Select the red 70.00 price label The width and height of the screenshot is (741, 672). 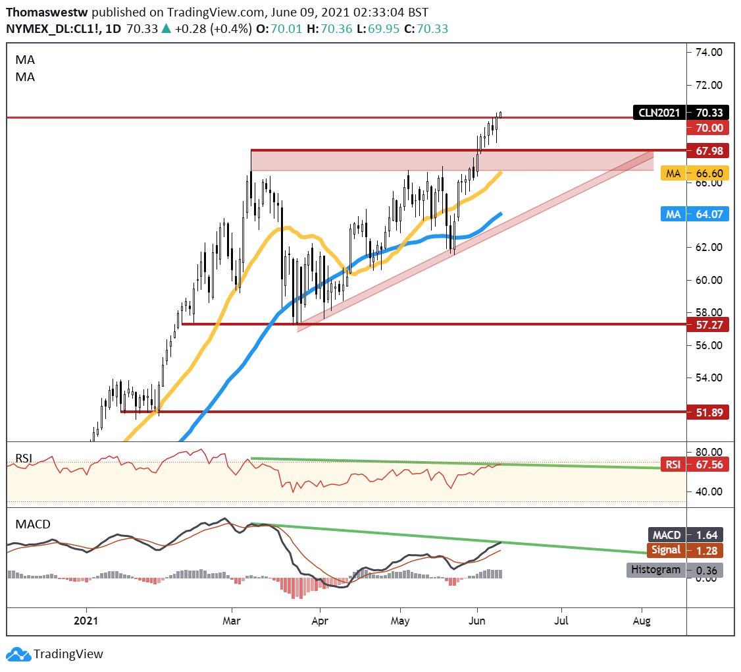pos(706,128)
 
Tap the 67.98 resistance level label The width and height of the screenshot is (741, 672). pos(706,151)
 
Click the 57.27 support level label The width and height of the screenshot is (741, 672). pos(706,325)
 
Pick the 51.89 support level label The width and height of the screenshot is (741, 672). pos(706,412)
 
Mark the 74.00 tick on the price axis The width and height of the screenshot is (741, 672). pos(709,53)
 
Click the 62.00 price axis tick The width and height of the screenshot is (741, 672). pos(709,247)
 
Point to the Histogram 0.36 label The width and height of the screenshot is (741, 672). pos(675,570)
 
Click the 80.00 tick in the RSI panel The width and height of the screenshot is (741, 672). pos(709,453)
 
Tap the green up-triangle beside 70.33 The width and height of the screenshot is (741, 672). pos(166,28)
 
